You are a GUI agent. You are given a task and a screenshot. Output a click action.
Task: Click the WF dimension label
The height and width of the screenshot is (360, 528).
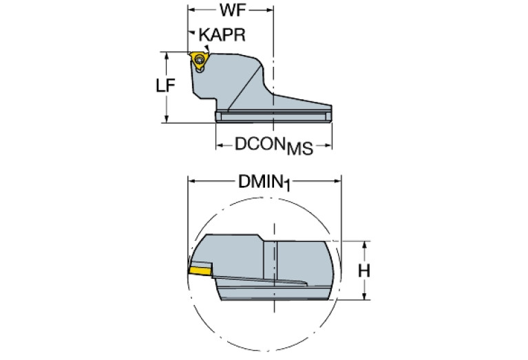tap(231, 12)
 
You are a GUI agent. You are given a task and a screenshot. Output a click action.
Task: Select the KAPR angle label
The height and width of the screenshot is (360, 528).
tap(222, 35)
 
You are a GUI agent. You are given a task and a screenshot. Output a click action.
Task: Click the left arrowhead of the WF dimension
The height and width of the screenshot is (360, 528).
tap(192, 12)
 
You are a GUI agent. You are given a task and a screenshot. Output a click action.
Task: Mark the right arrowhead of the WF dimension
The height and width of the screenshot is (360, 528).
tap(271, 12)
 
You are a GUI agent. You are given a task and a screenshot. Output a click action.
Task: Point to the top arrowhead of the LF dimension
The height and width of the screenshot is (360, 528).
tap(167, 54)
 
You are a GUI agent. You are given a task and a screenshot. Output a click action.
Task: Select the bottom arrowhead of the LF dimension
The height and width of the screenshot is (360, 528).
tap(167, 119)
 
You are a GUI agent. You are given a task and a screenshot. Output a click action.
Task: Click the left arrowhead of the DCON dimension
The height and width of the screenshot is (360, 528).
tap(220, 145)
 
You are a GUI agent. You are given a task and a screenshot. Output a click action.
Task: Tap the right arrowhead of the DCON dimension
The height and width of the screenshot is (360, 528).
tap(328, 145)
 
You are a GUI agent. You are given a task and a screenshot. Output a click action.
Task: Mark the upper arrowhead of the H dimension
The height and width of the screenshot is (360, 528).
tap(364, 245)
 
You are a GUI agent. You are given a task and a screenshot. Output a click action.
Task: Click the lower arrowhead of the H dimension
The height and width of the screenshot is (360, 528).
tap(364, 297)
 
